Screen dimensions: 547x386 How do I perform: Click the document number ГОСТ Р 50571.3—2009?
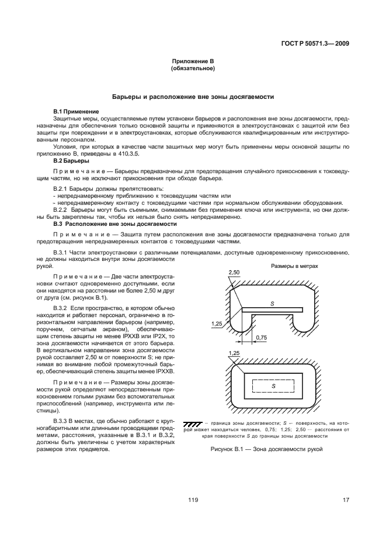click(317, 43)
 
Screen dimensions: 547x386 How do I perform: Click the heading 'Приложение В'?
click(193, 61)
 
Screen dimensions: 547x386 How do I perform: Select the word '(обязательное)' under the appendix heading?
click(193, 68)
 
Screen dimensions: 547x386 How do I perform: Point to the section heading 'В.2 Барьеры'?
click(71, 160)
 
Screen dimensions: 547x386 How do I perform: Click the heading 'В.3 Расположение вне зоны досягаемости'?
click(114, 223)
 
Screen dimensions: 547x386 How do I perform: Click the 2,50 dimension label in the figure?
click(235, 273)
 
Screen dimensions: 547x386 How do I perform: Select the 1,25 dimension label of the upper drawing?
click(217, 322)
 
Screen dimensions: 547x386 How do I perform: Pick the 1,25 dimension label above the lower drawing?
click(235, 353)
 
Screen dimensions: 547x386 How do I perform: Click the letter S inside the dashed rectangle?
click(273, 387)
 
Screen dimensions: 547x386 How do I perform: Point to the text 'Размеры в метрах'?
click(294, 265)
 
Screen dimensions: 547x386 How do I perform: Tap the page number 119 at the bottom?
click(193, 499)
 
